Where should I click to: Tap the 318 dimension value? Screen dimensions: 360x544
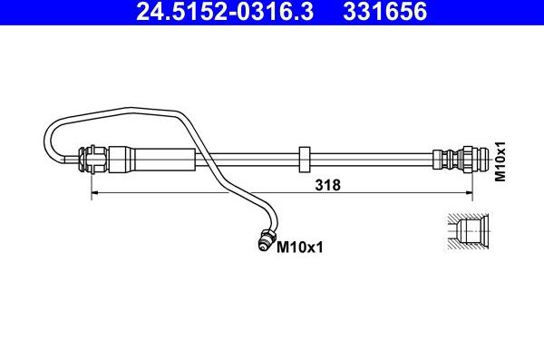327,185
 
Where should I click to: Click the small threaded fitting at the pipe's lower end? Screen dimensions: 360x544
266,239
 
